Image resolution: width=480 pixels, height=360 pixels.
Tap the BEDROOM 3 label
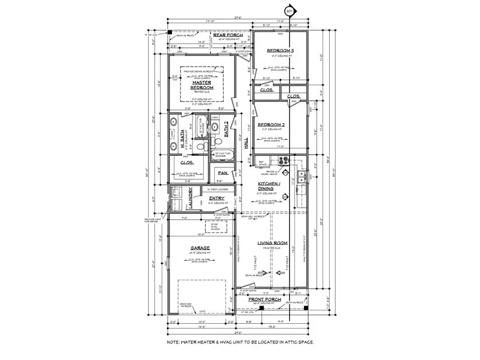click(281, 51)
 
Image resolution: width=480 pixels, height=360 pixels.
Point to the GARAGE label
click(199, 248)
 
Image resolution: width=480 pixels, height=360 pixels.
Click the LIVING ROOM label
click(273, 244)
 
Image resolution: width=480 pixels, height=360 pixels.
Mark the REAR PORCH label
click(228, 35)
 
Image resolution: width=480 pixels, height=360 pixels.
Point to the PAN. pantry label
click(220, 173)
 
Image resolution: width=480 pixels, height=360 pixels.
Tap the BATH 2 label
click(226, 128)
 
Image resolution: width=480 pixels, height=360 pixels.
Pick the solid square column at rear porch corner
click(170, 33)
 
